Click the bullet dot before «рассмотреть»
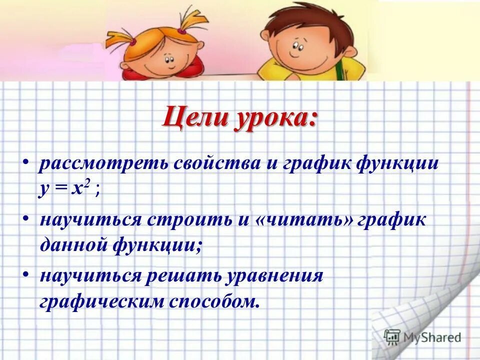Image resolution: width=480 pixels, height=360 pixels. tap(26, 163)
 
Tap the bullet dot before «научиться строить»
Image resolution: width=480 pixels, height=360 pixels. tap(26, 219)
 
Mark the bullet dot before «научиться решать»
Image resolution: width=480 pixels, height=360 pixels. tap(26, 275)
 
